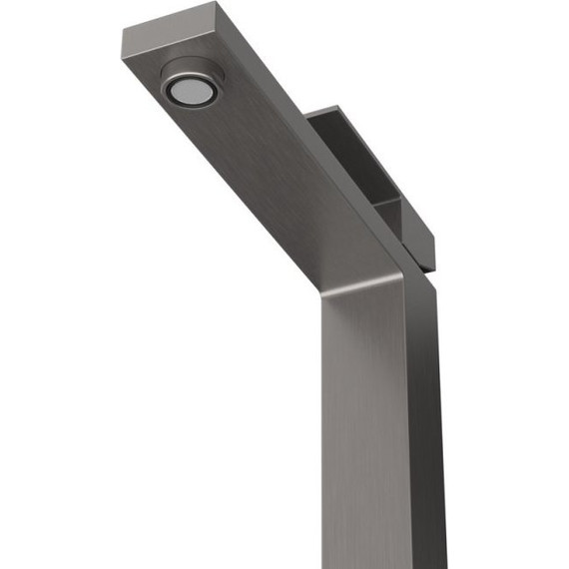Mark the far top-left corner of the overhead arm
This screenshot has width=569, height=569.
pyautogui.click(x=124, y=31)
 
